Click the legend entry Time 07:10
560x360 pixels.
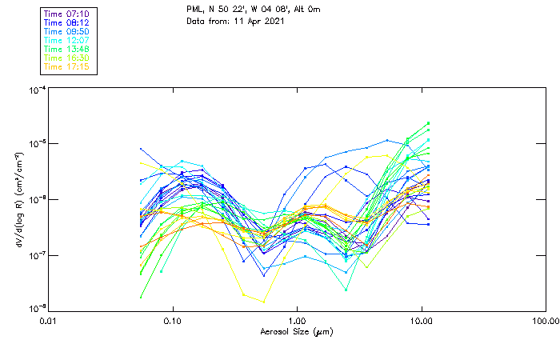tap(66, 14)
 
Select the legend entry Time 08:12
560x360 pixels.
tap(66, 23)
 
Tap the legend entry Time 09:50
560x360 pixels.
tap(66, 32)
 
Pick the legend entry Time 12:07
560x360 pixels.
tap(66, 41)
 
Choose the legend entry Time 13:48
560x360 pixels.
tap(66, 50)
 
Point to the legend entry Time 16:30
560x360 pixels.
tap(66, 58)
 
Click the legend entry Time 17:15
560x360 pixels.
tap(66, 67)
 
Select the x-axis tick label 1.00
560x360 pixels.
tap(297, 322)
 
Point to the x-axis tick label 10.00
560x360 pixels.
tap(421, 322)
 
